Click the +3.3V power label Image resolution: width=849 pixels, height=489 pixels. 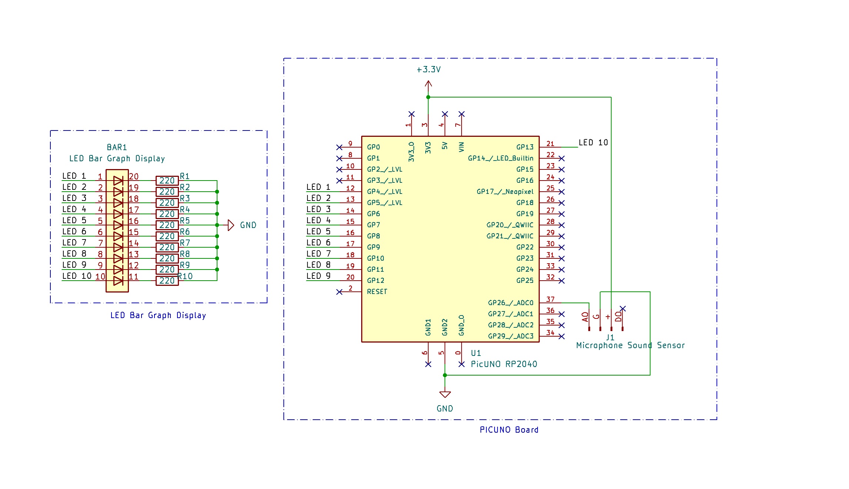429,70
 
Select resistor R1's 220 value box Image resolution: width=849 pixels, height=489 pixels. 167,181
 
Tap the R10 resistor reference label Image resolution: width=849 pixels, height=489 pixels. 186,276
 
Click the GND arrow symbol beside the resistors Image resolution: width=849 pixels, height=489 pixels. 231,225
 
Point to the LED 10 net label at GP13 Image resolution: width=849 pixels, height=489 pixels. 593,143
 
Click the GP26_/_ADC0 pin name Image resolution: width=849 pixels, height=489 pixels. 510,303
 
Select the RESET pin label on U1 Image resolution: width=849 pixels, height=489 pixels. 377,292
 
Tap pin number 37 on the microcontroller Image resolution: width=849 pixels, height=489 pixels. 550,299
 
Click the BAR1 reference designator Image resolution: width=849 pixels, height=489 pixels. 117,148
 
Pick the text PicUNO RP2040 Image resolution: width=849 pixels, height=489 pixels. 504,364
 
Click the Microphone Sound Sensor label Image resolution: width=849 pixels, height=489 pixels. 630,346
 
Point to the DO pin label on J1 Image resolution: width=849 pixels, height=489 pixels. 618,317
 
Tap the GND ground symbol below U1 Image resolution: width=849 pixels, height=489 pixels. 445,394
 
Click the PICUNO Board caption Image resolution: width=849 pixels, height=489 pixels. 509,430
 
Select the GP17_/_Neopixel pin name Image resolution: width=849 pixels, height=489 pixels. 505,192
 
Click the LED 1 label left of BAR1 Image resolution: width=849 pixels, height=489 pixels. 74,176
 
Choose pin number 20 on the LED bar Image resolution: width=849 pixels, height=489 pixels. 134,177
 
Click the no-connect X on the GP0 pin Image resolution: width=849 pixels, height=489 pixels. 339,147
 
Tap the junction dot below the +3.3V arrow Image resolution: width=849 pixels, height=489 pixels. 428,97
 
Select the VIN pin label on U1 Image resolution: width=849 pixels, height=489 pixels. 461,147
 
